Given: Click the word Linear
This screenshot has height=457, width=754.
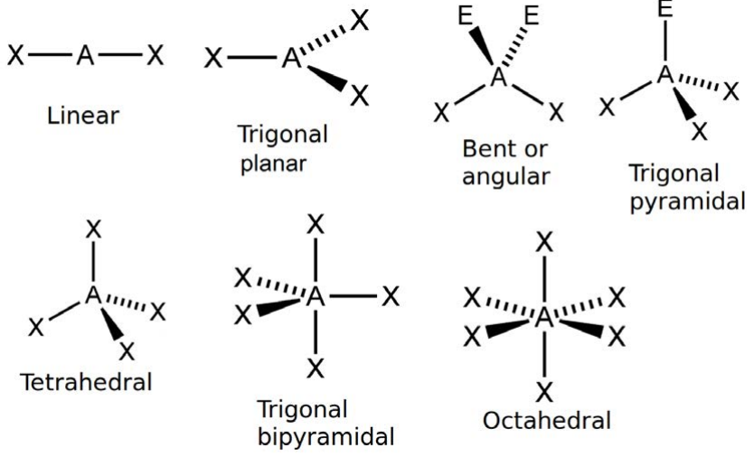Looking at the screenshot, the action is (82, 116).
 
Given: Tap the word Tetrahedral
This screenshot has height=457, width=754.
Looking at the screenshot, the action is (87, 383).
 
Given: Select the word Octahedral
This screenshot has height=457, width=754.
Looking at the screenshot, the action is (547, 421).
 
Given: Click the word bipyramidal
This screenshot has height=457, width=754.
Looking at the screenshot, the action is (326, 438).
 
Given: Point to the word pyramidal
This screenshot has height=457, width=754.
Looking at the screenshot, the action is (688, 201).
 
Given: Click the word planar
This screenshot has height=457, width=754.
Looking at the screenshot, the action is (273, 164).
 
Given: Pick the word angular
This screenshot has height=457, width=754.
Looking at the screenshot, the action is (505, 177).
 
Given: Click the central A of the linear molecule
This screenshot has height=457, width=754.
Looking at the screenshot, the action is (85, 55).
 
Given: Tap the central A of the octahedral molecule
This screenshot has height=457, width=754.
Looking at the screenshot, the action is (544, 317).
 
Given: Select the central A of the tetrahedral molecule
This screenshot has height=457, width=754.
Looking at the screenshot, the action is (93, 294).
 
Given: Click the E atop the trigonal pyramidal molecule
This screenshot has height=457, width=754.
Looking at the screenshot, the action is (665, 10).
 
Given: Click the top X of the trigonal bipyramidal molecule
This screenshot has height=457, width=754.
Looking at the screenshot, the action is (316, 224).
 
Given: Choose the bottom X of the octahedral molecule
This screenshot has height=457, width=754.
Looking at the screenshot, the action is (544, 392).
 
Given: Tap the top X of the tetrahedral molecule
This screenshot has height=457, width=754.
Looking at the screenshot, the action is (93, 229).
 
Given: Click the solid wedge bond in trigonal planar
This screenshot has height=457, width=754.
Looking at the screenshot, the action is (327, 78).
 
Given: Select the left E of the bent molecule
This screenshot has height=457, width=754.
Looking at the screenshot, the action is (466, 16).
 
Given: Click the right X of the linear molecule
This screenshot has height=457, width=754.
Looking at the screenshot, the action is (155, 55).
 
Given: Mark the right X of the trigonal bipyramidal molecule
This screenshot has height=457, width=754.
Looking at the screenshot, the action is (391, 296).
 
